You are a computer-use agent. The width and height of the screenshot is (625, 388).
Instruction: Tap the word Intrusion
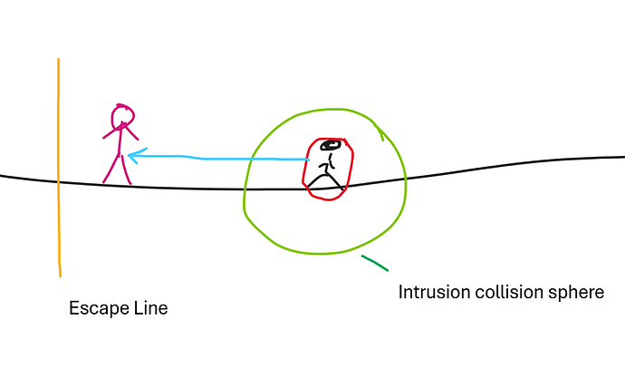435,292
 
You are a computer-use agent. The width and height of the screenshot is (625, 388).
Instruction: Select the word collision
509,292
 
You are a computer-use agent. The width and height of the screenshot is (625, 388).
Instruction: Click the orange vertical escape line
59,168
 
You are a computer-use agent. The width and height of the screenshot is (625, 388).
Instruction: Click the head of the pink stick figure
122,117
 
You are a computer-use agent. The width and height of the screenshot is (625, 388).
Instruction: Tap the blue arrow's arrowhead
137,156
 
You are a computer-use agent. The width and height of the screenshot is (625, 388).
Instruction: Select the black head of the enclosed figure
331,145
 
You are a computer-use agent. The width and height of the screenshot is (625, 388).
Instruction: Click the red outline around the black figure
306,168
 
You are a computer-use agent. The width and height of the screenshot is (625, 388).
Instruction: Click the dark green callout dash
375,263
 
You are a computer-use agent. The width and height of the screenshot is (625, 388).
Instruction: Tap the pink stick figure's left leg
111,170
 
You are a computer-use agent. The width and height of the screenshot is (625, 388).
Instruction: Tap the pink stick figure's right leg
126,170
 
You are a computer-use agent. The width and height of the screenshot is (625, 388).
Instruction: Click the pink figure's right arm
131,132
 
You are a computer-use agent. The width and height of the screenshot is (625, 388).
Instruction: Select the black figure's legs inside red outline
325,180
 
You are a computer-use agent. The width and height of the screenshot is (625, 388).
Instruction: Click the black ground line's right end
624,157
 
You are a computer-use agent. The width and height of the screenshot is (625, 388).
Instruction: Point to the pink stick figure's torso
120,141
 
